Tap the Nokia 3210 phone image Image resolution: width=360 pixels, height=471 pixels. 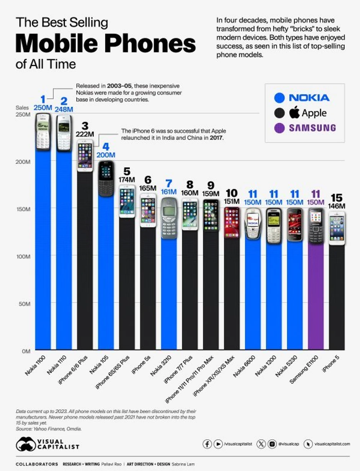tap(169, 218)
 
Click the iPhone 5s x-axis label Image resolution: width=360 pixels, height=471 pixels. tap(144, 364)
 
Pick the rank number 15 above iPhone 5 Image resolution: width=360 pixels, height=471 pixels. tap(337, 198)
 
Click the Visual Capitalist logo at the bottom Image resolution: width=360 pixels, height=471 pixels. tap(47, 444)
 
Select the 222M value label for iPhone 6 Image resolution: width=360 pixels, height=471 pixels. tap(85, 134)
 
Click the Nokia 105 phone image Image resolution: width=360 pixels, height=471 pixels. tap(106, 179)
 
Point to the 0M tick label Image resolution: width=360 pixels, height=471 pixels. tap(26, 350)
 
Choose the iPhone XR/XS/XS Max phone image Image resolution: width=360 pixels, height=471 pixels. tap(232, 222)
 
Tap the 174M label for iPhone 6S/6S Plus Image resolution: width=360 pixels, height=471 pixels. tap(127, 179)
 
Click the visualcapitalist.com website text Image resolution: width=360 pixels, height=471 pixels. tap(332, 444)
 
